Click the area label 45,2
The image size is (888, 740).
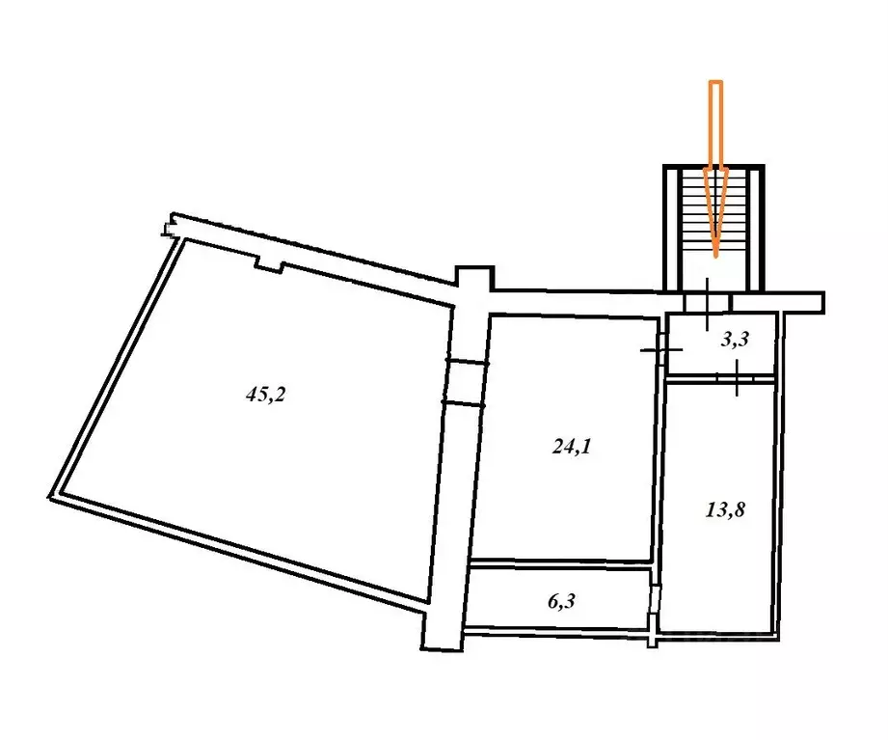click(265, 394)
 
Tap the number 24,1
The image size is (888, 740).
click(572, 447)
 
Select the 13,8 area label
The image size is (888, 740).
click(725, 510)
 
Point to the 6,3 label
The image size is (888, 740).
click(561, 601)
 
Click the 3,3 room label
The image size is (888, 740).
click(735, 339)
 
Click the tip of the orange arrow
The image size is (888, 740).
click(716, 258)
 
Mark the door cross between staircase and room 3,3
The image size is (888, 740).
click(708, 304)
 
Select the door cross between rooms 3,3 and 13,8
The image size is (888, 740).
click(737, 378)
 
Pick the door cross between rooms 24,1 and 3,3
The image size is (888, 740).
click(660, 350)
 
